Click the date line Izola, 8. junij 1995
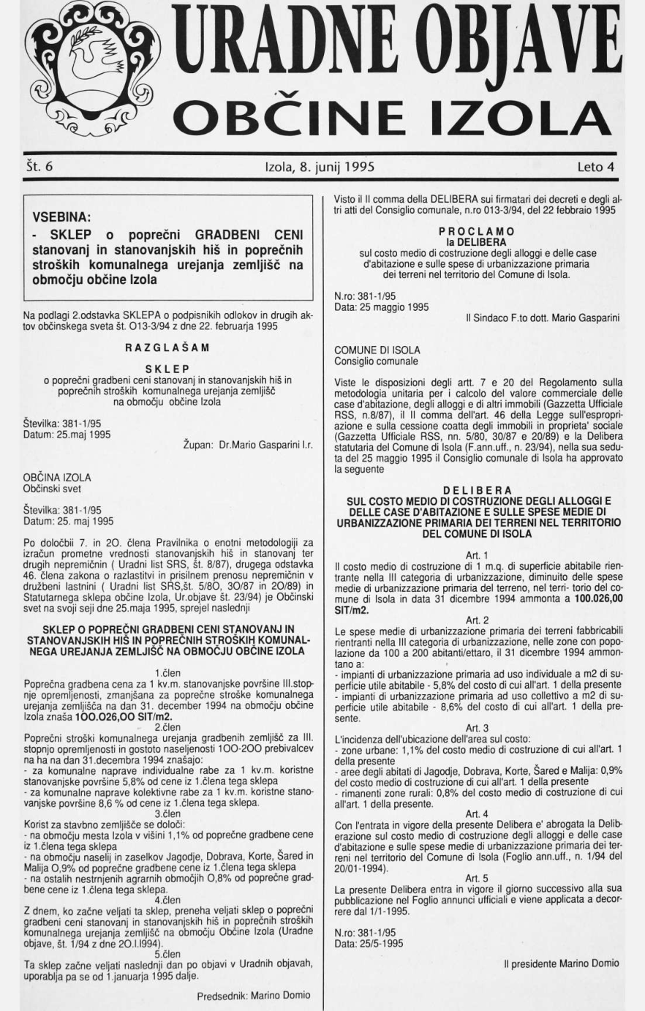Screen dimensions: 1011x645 point(320,166)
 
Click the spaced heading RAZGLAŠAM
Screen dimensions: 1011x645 point(167,347)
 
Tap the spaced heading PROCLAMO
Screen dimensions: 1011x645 point(477,231)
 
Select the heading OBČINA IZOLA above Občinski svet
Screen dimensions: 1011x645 point(57,478)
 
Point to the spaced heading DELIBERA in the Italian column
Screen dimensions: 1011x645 point(478,489)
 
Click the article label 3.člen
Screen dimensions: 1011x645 point(167,813)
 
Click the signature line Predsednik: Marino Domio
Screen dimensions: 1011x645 point(253,996)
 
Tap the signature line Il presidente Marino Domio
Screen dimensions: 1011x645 point(561,963)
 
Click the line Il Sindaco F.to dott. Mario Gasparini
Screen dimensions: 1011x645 point(544,318)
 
